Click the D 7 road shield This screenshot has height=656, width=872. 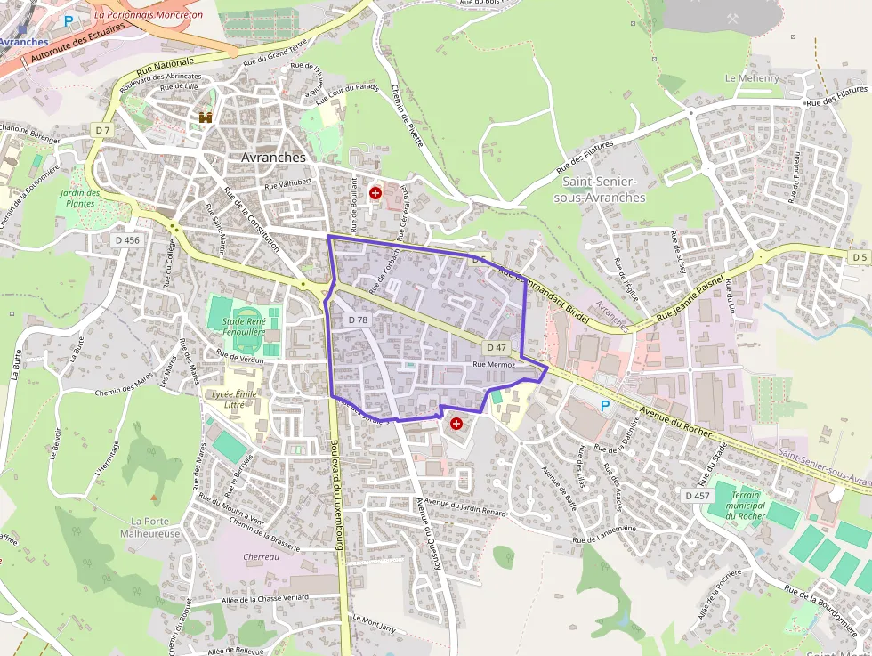coord(103,130)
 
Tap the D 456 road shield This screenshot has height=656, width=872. coord(127,240)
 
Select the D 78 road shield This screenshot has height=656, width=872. coord(358,320)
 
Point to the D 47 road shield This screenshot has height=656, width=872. coord(497,346)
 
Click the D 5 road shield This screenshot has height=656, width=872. coord(859,257)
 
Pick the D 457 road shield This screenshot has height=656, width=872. coord(698,495)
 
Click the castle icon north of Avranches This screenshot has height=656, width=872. coord(206,117)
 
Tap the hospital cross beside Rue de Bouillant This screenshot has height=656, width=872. coord(375,192)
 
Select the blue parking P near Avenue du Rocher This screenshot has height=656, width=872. coord(605,406)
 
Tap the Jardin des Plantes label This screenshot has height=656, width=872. coord(80,198)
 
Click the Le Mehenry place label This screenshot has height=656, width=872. coord(752,78)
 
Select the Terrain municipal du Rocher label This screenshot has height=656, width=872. coord(746,505)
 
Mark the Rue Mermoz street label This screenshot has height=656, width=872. coord(494,365)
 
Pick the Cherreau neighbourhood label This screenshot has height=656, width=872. coord(261,557)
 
